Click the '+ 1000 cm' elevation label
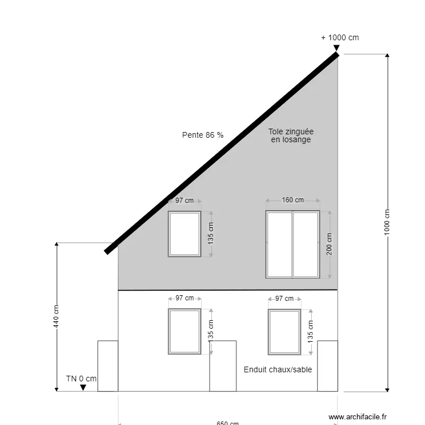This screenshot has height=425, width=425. tap(340, 38)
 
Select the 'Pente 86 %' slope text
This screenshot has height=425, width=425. tap(202, 135)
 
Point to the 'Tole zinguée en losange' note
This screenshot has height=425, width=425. tap(291, 135)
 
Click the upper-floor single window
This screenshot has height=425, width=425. tap(185, 234)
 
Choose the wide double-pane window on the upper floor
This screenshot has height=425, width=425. tap(292, 244)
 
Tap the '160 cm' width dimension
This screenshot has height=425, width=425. tap(292, 200)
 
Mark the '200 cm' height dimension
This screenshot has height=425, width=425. tap(329, 244)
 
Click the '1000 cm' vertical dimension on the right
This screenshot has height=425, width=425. tap(388, 222)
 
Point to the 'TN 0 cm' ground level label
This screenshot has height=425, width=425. tap(81, 379)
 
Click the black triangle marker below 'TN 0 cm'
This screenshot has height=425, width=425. tap(83, 388)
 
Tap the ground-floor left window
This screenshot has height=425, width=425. tap(185, 331)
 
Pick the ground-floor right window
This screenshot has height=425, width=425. tap(284, 331)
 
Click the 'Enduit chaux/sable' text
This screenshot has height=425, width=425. tap(278, 369)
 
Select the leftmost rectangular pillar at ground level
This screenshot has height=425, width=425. tap(108, 366)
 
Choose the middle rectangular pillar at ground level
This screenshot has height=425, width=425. tap(223, 366)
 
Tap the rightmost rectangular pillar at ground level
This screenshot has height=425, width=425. tap(328, 366)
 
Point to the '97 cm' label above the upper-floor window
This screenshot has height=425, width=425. tap(184, 201)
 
